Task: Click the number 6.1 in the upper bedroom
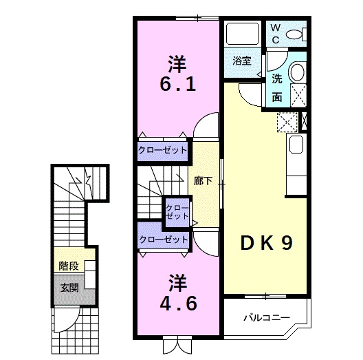[178, 85]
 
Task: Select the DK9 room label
[267, 244]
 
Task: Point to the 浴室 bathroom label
[241, 60]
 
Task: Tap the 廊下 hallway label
[203, 181]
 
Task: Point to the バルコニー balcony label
[265, 318]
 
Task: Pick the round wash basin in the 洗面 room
[298, 72]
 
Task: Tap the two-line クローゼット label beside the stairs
[176, 211]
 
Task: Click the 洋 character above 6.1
[177, 64]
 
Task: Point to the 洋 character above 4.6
[177, 280]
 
